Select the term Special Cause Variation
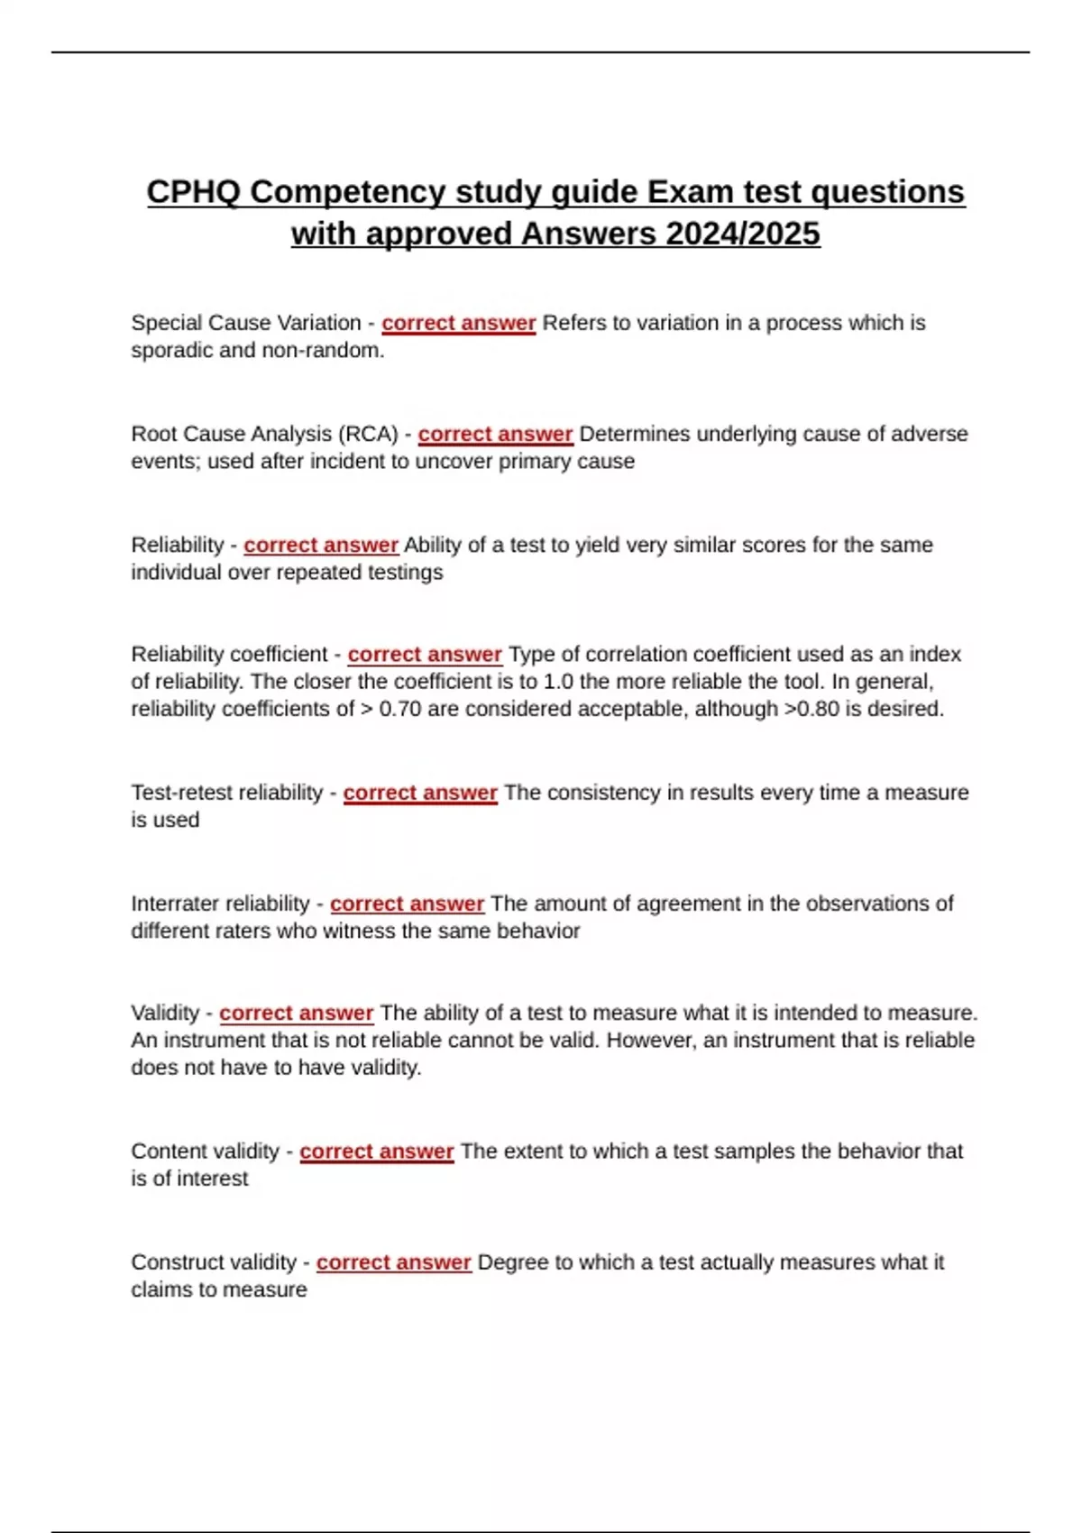click(x=246, y=323)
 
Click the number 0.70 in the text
click(x=400, y=709)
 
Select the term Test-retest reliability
click(x=227, y=793)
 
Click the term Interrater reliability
click(x=220, y=904)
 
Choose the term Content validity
click(x=206, y=1152)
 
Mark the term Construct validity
click(x=214, y=1262)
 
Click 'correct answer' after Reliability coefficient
click(x=425, y=654)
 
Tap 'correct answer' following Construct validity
click(x=393, y=1262)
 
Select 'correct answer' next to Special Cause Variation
click(x=458, y=323)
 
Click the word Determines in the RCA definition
click(x=634, y=434)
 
